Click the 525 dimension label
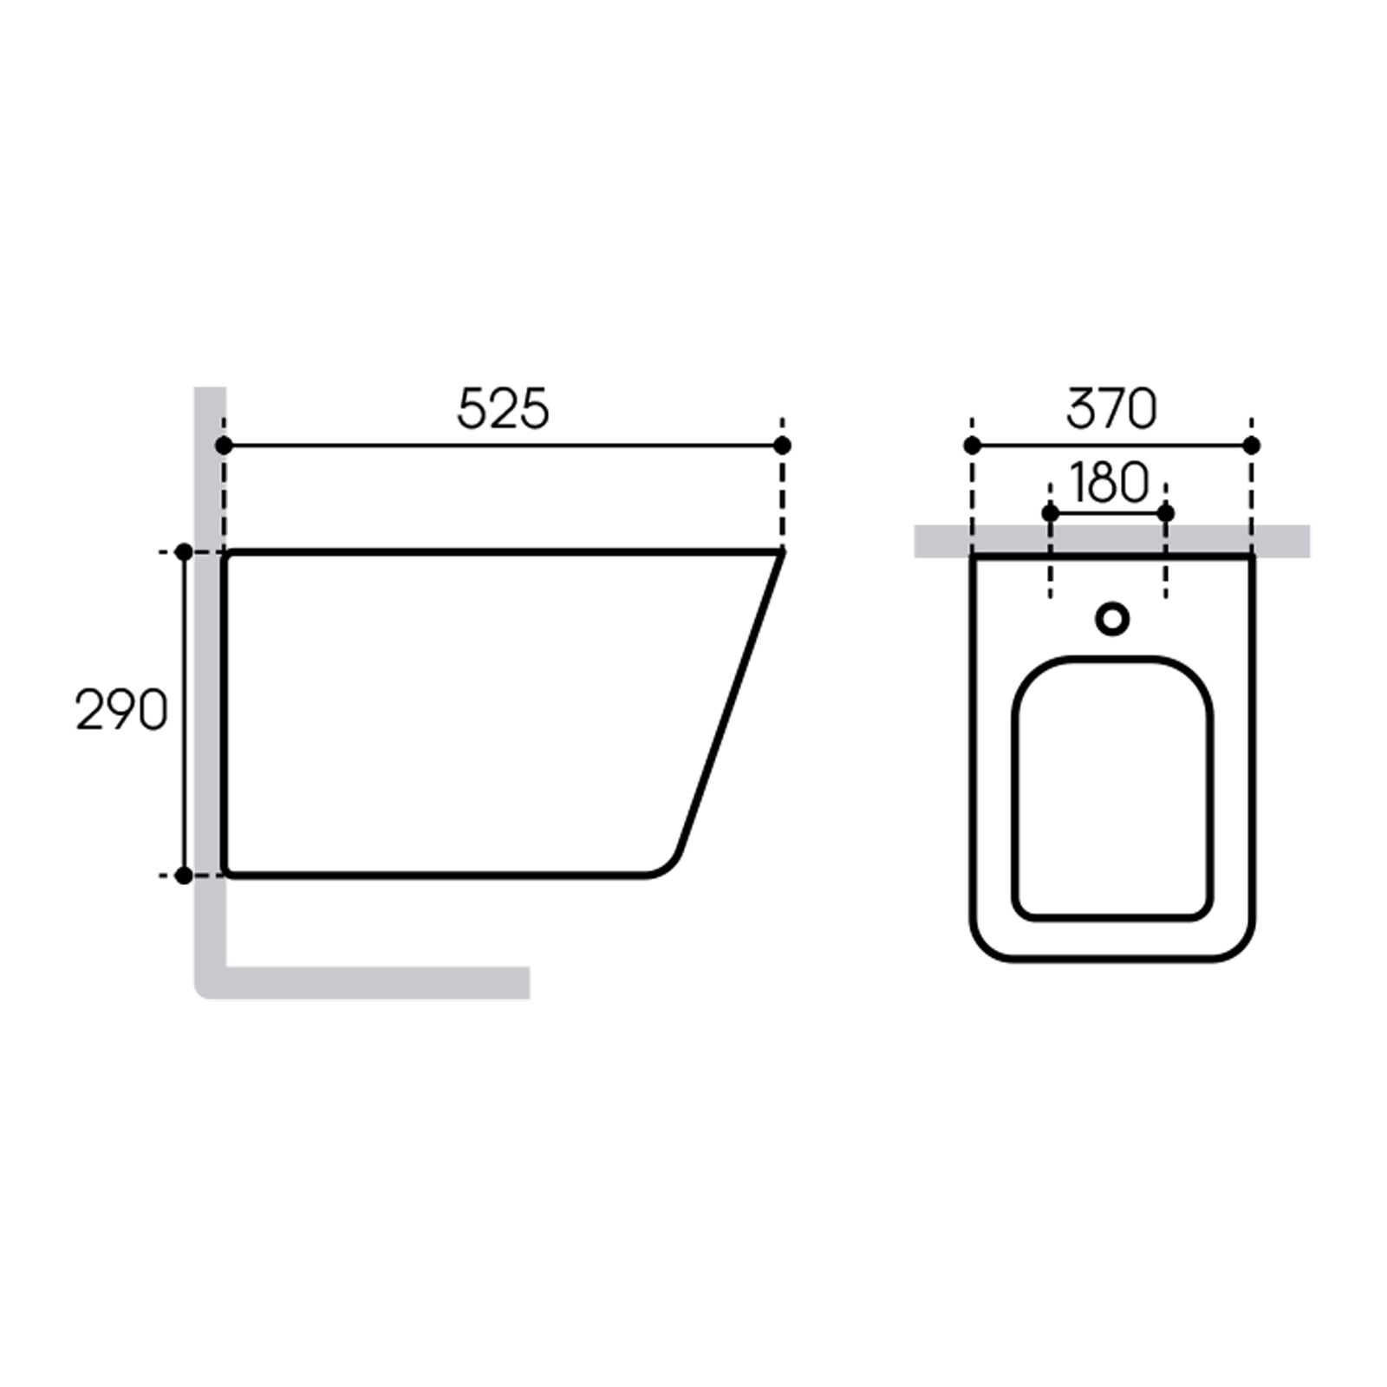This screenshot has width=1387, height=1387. (x=503, y=409)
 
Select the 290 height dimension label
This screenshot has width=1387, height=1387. (x=121, y=711)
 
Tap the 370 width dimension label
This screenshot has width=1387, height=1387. (x=1110, y=409)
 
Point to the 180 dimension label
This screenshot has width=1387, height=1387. (x=1109, y=483)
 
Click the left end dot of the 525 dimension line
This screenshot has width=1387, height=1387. (x=224, y=446)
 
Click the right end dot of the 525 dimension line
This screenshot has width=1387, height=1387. (x=782, y=446)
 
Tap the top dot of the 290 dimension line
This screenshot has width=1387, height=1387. (x=184, y=552)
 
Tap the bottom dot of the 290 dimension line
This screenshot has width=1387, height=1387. (x=184, y=876)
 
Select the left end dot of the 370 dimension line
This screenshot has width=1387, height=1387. (x=972, y=446)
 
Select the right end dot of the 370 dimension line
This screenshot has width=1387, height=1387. (x=1251, y=446)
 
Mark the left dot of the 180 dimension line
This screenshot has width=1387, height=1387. (x=1050, y=513)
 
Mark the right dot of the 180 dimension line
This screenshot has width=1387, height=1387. (x=1165, y=513)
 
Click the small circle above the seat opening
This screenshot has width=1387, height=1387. (x=1112, y=619)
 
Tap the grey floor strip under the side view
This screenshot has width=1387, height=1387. (x=373, y=982)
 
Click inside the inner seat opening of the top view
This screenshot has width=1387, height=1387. (x=1112, y=789)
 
